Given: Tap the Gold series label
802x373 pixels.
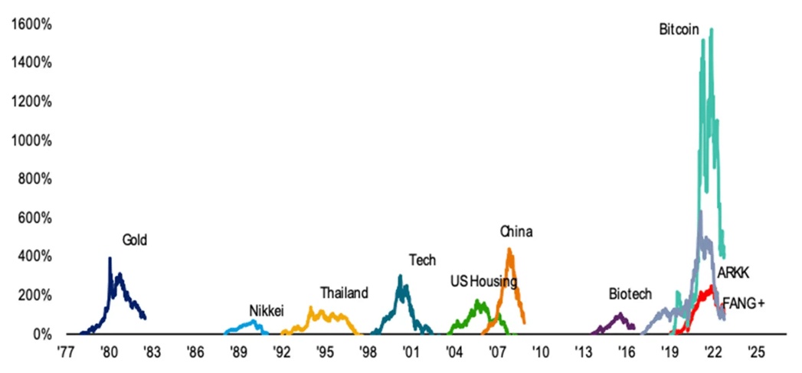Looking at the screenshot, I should tap(134, 240).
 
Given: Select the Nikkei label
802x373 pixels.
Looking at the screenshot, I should tap(267, 310).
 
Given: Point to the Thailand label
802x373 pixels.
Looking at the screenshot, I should tap(344, 293).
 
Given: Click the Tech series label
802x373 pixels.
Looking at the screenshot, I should tap(422, 260).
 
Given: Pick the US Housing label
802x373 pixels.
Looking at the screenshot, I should tap(483, 281).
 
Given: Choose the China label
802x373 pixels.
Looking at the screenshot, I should tap(516, 231).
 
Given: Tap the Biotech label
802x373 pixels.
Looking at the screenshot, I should tap(630, 293).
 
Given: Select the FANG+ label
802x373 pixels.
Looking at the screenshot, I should tap(744, 303).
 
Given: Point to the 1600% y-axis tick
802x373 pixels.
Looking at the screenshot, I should tap(31, 24).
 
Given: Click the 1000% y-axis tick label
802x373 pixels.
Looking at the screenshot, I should tap(31, 140).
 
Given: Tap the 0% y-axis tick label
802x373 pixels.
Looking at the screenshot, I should tap(40, 334).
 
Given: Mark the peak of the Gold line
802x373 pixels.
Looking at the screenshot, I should tap(110, 258).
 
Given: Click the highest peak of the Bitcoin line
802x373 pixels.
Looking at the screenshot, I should tap(712, 29).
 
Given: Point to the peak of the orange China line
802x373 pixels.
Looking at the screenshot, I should tap(509, 248).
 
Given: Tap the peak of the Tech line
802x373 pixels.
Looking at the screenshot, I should tap(400, 276).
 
